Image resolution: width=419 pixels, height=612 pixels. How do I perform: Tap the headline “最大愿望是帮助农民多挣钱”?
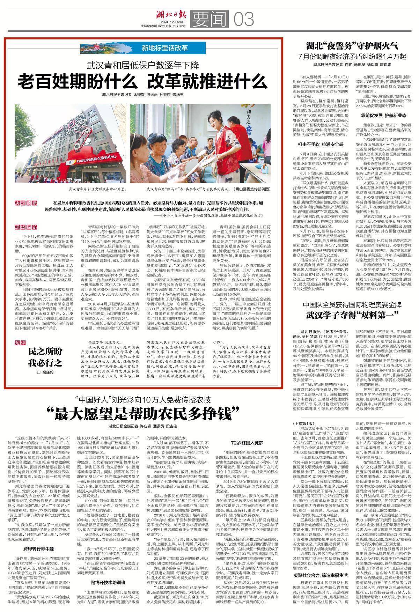pyautogui.click(x=143, y=414)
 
